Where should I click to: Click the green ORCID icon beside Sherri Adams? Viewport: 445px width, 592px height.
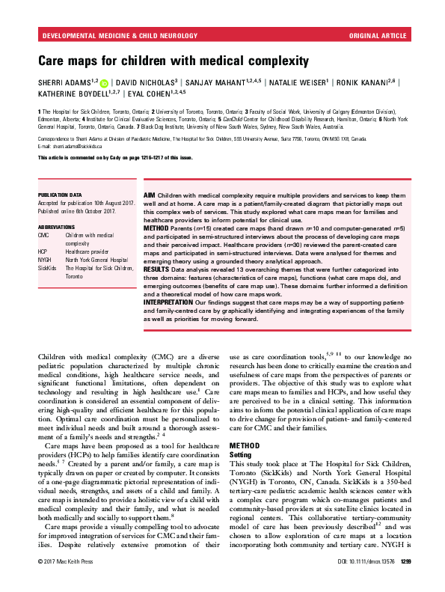[x=105, y=81]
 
